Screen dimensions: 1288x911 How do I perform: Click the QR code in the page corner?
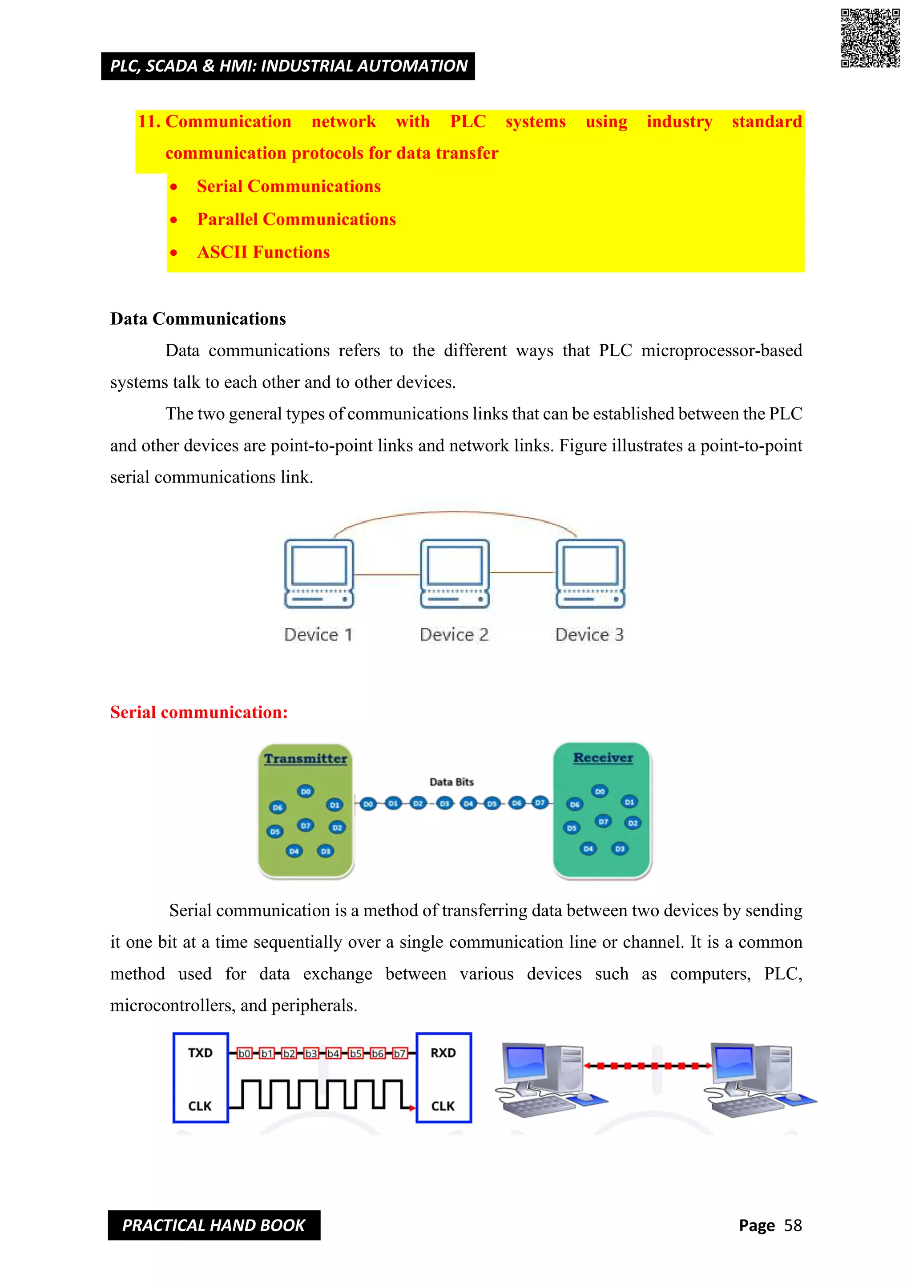pyautogui.click(x=870, y=38)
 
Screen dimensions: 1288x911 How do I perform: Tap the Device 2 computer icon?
pyautogui.click(x=454, y=573)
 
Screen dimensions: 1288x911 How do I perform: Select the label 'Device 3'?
pyautogui.click(x=589, y=635)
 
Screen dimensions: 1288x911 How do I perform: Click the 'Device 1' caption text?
pyautogui.click(x=318, y=635)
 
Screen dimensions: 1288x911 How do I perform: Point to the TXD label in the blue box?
pyautogui.click(x=200, y=1053)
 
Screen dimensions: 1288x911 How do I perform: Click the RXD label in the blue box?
pyautogui.click(x=443, y=1053)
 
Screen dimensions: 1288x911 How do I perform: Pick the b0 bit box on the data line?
pyautogui.click(x=245, y=1054)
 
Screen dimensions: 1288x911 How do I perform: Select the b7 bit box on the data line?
pyautogui.click(x=399, y=1054)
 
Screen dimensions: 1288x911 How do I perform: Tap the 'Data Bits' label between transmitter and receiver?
pyautogui.click(x=451, y=782)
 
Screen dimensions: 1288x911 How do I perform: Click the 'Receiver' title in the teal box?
pyautogui.click(x=603, y=757)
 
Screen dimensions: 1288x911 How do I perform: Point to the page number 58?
pyautogui.click(x=793, y=1225)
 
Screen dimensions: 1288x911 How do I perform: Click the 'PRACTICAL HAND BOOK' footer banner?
pyautogui.click(x=214, y=1225)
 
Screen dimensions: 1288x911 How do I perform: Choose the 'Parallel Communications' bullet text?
pyautogui.click(x=296, y=219)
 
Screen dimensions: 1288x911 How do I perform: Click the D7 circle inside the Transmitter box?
pyautogui.click(x=306, y=825)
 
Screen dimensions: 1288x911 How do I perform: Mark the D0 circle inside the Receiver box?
pyautogui.click(x=600, y=792)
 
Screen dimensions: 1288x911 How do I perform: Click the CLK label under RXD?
pyautogui.click(x=443, y=1106)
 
